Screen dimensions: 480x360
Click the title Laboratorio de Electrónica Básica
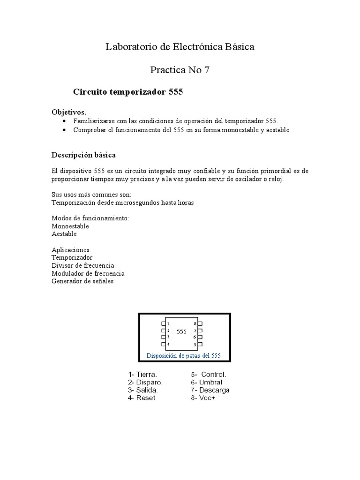point(180,47)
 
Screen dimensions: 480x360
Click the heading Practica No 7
point(180,70)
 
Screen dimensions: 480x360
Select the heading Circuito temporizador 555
point(128,92)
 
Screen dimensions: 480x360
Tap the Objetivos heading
point(68,112)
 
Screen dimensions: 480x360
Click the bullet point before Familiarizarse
point(64,121)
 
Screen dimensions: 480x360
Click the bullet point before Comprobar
point(64,130)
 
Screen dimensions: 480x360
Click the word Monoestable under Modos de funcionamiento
point(70,226)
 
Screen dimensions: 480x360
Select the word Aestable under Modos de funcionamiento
point(64,234)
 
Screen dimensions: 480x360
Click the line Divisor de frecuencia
point(82,265)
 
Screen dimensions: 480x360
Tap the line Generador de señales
point(82,281)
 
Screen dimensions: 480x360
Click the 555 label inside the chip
point(181,331)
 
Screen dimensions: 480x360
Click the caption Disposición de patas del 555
point(183,355)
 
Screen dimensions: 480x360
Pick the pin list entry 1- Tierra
point(142,375)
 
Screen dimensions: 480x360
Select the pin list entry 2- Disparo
point(145,382)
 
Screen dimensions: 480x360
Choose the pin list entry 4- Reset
point(142,398)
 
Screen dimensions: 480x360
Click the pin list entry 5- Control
point(209,375)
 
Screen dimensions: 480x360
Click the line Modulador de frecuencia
point(88,273)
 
